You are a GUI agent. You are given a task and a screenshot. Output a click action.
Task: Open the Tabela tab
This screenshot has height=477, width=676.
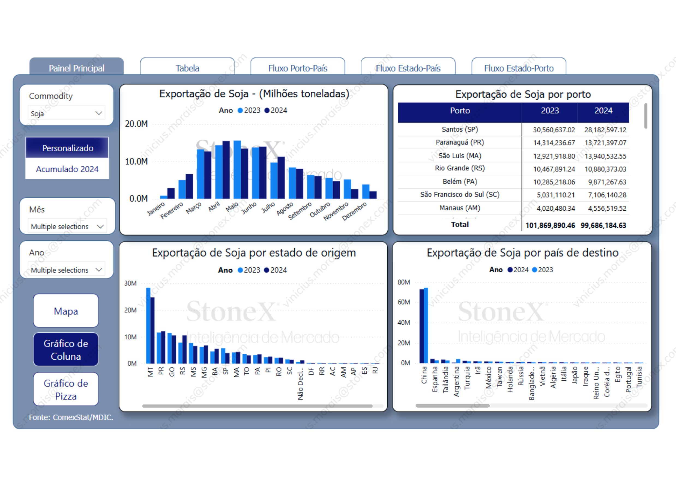pyautogui.click(x=187, y=68)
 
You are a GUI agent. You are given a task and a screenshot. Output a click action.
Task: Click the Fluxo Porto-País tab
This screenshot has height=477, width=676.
pyautogui.click(x=298, y=68)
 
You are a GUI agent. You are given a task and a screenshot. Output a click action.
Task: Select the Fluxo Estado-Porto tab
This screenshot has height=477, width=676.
pyautogui.click(x=519, y=68)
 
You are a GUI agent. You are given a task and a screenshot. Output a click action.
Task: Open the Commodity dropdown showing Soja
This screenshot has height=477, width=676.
pyautogui.click(x=67, y=113)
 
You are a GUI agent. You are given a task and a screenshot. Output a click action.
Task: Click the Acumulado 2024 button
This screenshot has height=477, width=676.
pyautogui.click(x=67, y=169)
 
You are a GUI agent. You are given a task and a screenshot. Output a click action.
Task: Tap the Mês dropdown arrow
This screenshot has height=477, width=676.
pyautogui.click(x=100, y=226)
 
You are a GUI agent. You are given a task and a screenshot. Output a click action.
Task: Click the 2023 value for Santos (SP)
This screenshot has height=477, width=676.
pyautogui.click(x=554, y=130)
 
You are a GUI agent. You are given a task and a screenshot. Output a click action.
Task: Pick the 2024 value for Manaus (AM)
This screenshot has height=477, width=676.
pyautogui.click(x=607, y=208)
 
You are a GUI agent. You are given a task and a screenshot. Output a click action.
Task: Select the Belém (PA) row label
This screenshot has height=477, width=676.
pyautogui.click(x=460, y=182)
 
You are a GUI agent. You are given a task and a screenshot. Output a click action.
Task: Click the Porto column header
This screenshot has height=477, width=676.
pyautogui.click(x=460, y=111)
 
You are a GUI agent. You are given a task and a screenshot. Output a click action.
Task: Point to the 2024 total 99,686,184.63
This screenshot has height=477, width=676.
pyautogui.click(x=603, y=226)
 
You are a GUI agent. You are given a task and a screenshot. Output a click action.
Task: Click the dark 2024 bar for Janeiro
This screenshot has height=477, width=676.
pyautogui.click(x=171, y=193)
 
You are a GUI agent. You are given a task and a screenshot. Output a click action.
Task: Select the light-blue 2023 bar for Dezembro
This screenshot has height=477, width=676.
pyautogui.click(x=365, y=191)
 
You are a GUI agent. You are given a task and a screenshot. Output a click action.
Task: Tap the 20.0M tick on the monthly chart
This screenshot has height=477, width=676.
pyautogui.click(x=136, y=124)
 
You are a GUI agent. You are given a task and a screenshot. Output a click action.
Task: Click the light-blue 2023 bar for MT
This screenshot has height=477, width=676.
pyautogui.click(x=148, y=325)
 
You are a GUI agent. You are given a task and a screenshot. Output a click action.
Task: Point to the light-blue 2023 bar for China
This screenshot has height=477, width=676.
pyautogui.click(x=426, y=325)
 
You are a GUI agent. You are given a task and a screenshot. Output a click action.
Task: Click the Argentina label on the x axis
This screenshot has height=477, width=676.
pyautogui.click(x=456, y=381)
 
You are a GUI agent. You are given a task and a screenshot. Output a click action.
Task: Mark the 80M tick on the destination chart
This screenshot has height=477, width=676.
pyautogui.click(x=404, y=282)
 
